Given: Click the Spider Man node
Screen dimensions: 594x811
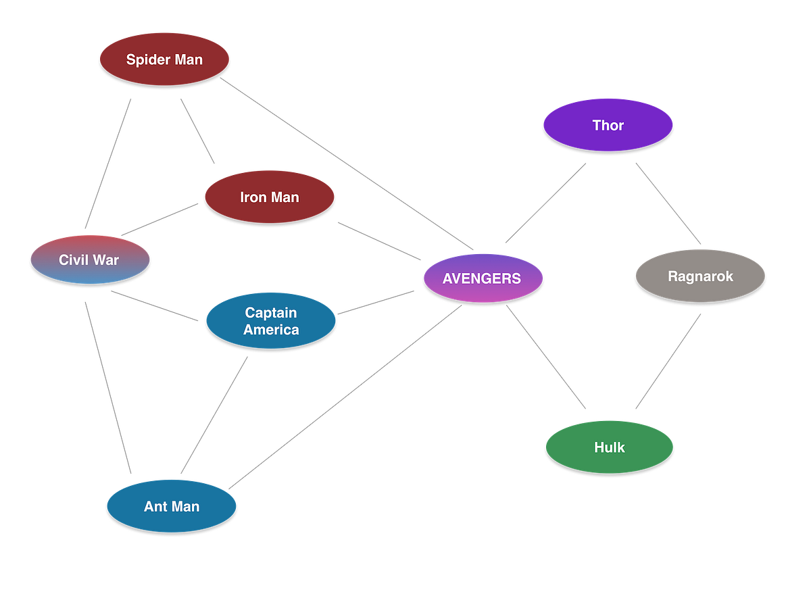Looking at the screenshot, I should click(164, 59).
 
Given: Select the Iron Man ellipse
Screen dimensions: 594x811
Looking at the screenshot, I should click(270, 197).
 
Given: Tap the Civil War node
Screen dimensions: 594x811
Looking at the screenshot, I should click(89, 259).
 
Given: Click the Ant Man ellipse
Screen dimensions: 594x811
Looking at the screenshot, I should click(172, 506).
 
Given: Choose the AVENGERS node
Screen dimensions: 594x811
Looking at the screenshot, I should click(482, 278).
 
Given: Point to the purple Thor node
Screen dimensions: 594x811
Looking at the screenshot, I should click(608, 125).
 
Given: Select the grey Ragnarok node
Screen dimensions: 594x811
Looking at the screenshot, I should click(700, 276).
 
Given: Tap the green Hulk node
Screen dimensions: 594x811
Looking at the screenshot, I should click(609, 447).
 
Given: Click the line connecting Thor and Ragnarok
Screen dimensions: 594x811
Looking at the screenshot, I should click(668, 203).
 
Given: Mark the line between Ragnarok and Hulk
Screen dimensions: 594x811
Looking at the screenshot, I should click(668, 362).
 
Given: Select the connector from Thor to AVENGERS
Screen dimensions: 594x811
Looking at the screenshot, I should click(546, 203).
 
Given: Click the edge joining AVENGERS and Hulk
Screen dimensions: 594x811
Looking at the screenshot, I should click(546, 357).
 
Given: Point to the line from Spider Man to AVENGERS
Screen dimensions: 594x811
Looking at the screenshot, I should click(347, 163).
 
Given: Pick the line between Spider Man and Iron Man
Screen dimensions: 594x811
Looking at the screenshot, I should click(197, 131).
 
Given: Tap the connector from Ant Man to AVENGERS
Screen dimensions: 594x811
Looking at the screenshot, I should click(345, 397).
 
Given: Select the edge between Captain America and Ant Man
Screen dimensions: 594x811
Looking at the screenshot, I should click(214, 414).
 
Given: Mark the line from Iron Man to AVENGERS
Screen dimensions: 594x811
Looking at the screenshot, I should click(380, 241).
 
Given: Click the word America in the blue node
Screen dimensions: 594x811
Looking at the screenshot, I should click(271, 330).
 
